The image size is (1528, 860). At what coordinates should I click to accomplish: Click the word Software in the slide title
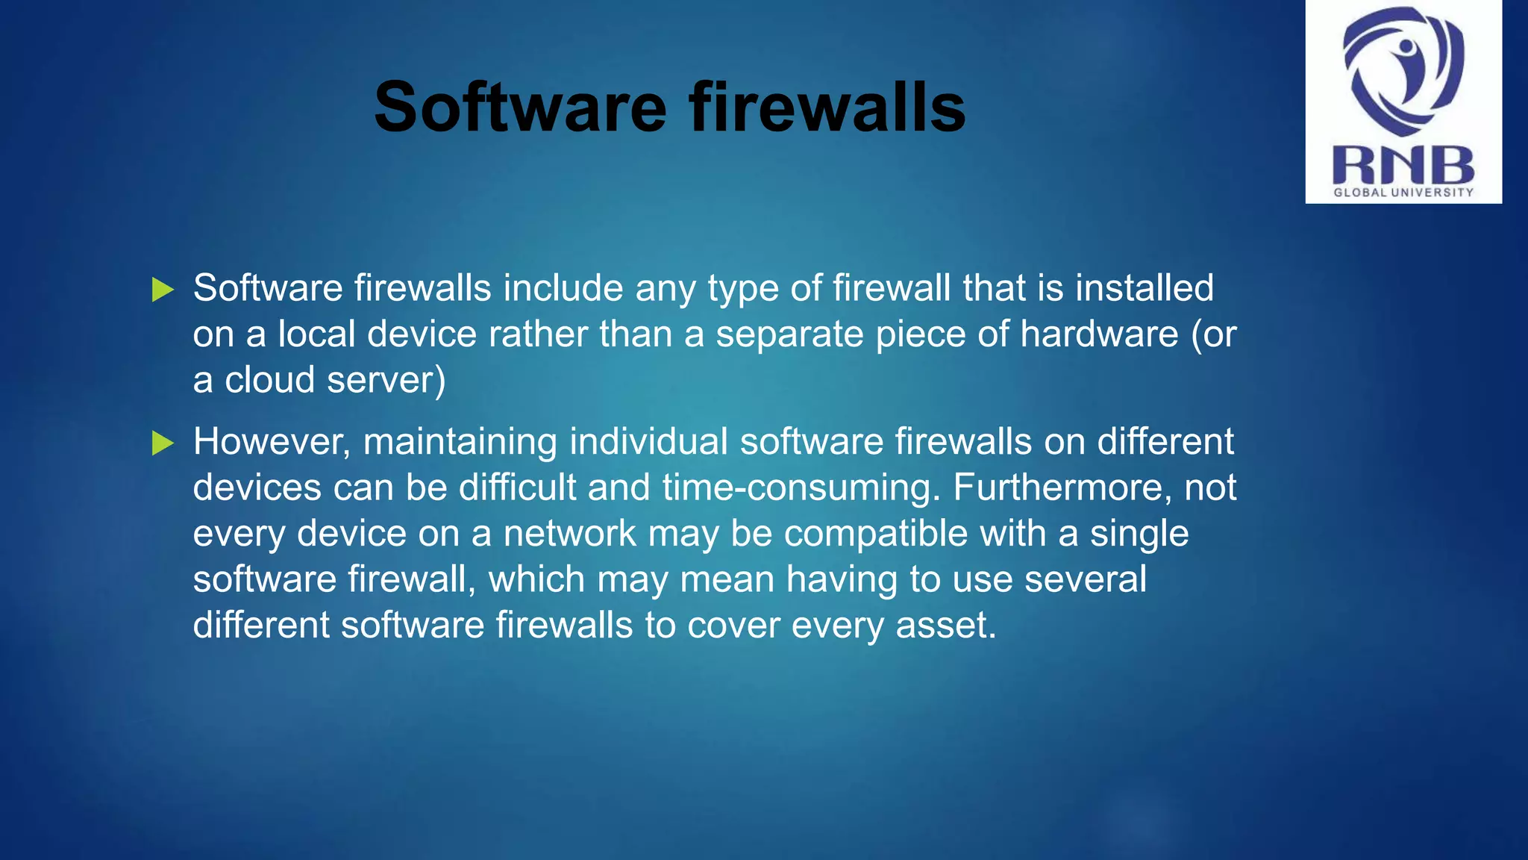(x=520, y=107)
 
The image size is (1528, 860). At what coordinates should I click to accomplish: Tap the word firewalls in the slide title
(x=827, y=107)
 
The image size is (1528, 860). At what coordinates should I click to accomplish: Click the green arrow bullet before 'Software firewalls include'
(x=162, y=290)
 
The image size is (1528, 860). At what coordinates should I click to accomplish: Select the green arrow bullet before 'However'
(x=162, y=443)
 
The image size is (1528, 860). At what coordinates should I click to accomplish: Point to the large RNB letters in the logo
(x=1403, y=166)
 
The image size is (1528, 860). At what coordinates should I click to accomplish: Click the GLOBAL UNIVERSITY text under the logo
(x=1403, y=193)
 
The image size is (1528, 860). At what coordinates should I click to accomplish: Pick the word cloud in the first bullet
(x=269, y=380)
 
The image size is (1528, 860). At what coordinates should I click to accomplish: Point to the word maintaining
(x=460, y=442)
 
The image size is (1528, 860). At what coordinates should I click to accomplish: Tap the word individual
(x=648, y=442)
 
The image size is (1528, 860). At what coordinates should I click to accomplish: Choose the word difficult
(x=517, y=487)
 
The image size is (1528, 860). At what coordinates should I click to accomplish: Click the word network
(x=569, y=534)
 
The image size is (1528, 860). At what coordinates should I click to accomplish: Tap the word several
(x=1086, y=579)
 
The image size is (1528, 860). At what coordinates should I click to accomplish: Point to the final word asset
(x=945, y=626)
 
